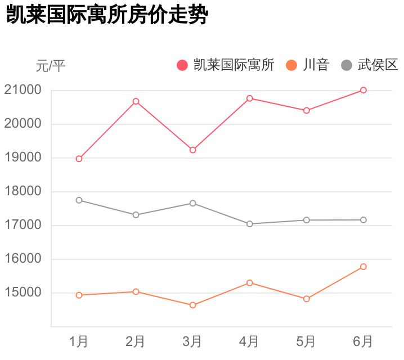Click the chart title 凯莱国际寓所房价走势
click(x=107, y=16)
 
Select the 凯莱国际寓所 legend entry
click(x=226, y=65)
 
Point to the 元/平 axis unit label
click(x=51, y=66)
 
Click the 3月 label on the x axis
click(x=192, y=341)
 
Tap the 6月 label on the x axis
click(x=363, y=341)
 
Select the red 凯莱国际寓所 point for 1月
click(x=79, y=159)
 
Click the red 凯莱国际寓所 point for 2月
click(x=136, y=101)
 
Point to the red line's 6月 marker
click(x=363, y=90)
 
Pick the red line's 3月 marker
click(x=192, y=150)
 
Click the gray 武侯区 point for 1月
click(x=79, y=200)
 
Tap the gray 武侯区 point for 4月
click(x=249, y=224)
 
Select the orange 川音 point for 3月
click(x=192, y=305)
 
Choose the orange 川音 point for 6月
click(x=363, y=267)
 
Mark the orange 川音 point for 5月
click(x=307, y=299)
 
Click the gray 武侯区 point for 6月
click(x=363, y=220)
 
